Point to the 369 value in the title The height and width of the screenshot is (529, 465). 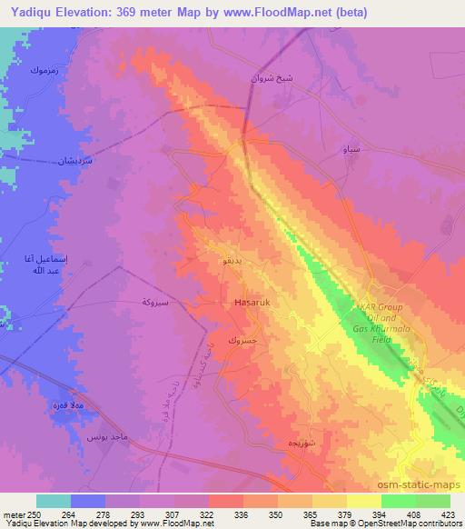(x=134, y=13)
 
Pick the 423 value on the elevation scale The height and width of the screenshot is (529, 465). (x=449, y=514)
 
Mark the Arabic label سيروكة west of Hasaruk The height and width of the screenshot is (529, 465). (x=161, y=301)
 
